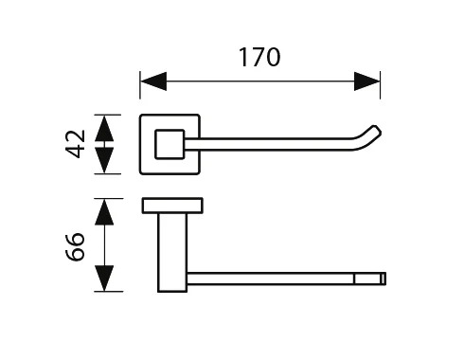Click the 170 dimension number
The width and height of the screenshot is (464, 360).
(x=259, y=57)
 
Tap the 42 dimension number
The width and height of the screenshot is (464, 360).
(x=75, y=144)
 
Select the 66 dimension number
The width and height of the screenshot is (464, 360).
(x=75, y=247)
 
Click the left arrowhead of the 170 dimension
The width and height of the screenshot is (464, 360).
(x=153, y=81)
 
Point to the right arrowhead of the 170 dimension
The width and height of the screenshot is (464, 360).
(x=367, y=81)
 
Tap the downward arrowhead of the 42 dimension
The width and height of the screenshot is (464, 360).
(x=104, y=160)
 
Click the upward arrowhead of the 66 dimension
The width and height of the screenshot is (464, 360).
(x=104, y=212)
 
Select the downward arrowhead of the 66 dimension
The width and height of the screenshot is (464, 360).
(x=104, y=279)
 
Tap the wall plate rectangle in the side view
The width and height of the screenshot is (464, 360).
(x=172, y=206)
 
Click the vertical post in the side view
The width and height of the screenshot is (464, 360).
(x=172, y=252)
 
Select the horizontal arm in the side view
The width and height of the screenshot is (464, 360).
(x=286, y=279)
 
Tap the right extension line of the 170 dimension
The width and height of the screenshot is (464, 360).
(x=380, y=84)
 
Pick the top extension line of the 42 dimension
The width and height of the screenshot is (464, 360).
(x=107, y=115)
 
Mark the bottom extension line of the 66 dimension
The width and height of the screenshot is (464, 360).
(x=109, y=292)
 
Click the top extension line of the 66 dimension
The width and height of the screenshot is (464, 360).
(x=109, y=199)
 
